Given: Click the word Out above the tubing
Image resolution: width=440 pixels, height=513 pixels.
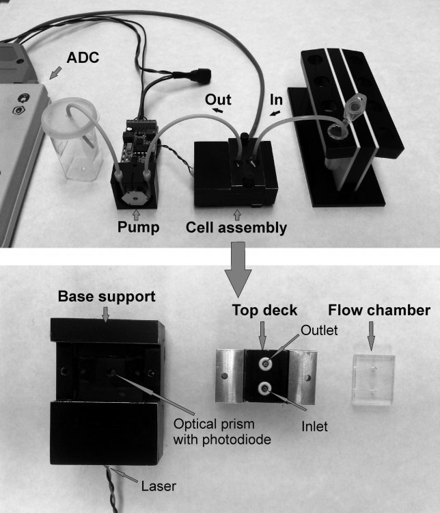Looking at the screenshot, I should point(217,98).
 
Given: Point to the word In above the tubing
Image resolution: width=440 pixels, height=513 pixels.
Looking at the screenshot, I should point(277,99).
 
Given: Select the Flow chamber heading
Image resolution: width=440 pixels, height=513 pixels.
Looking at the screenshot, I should point(371,310).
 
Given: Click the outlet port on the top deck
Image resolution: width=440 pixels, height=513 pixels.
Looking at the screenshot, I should point(264,361).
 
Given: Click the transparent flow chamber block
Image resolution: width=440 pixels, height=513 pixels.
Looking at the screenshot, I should point(373,380).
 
